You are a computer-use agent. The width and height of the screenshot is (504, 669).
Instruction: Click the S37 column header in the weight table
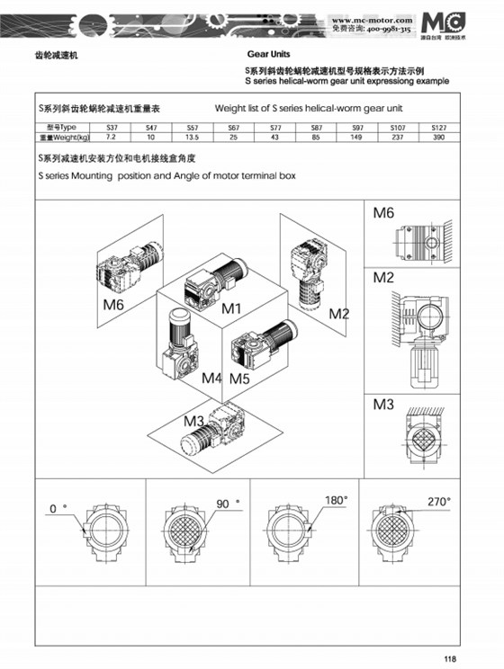(x=111, y=129)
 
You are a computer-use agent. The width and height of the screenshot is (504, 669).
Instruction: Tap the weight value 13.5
(x=192, y=138)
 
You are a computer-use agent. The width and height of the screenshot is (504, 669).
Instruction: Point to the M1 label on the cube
(x=233, y=308)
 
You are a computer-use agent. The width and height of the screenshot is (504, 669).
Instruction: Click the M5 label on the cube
(x=238, y=378)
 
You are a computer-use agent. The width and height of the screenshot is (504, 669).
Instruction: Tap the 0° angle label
(x=58, y=508)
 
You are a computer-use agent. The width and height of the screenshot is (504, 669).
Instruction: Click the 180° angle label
(x=336, y=500)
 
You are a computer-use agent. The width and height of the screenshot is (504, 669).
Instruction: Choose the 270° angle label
(x=438, y=501)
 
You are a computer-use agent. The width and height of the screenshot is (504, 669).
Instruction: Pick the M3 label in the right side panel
(x=384, y=405)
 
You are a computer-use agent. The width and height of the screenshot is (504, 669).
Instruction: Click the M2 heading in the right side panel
(x=384, y=278)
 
